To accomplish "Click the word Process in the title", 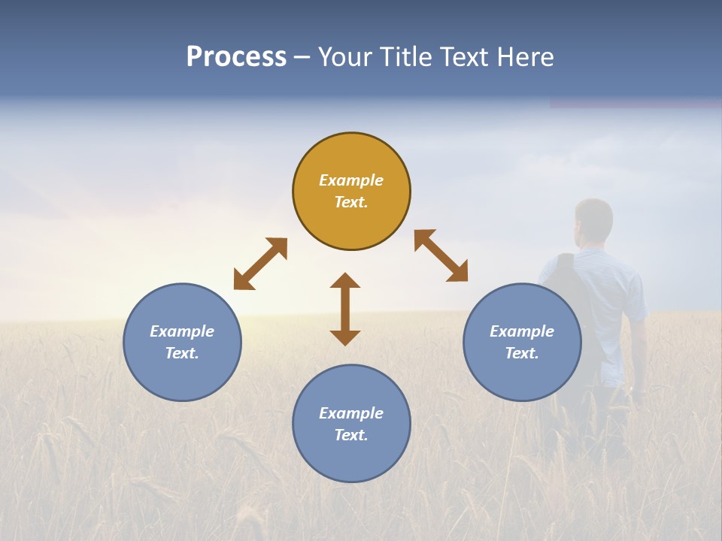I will click(236, 57).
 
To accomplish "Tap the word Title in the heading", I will click(406, 57).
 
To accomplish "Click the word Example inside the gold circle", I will click(351, 180).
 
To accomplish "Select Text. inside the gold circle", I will click(351, 202).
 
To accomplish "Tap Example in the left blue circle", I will click(182, 331).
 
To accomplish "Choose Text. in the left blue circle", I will click(182, 353).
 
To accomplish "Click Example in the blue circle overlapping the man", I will click(522, 331).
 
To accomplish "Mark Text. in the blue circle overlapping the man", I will click(522, 353).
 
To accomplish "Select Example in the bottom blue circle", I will click(351, 413).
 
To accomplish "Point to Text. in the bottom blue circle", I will click(351, 435).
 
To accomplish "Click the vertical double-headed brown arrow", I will click(345, 309).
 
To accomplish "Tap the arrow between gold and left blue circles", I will click(260, 264).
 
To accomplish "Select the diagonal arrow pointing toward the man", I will click(441, 255).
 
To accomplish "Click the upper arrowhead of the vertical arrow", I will click(345, 282).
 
